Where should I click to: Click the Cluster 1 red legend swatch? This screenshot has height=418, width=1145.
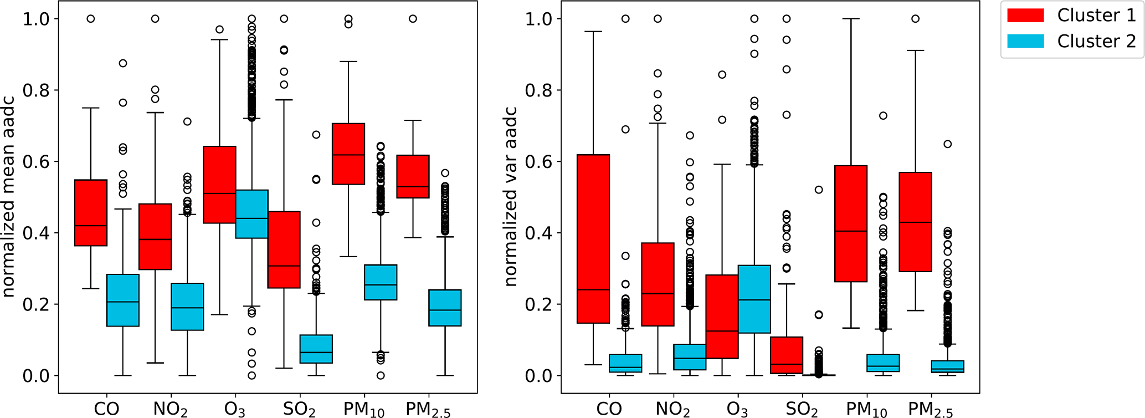(x=1025, y=16)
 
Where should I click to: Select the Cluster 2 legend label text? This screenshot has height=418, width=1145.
(x=1096, y=41)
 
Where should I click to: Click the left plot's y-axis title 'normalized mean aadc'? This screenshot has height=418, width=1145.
(x=9, y=197)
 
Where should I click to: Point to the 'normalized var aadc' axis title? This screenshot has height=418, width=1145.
(x=511, y=197)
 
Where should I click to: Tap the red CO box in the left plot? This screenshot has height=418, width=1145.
(x=91, y=212)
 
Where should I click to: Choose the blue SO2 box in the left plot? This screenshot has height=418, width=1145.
(x=316, y=349)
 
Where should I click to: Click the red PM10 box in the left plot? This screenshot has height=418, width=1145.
(x=348, y=154)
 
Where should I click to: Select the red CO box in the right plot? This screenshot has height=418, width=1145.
(x=593, y=238)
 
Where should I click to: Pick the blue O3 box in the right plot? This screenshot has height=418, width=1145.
(x=754, y=299)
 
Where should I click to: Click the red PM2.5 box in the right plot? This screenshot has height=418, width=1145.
(x=916, y=222)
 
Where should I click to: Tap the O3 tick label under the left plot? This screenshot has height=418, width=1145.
(x=235, y=409)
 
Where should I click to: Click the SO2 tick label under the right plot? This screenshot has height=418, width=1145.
(x=802, y=409)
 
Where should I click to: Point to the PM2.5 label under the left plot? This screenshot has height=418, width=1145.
(x=428, y=409)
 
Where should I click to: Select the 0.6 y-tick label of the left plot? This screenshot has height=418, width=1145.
(x=36, y=161)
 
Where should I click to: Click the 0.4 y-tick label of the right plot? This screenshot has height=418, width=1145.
(x=538, y=233)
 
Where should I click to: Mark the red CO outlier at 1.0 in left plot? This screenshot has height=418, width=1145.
(x=91, y=19)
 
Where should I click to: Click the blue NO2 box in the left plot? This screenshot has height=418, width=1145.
(x=187, y=307)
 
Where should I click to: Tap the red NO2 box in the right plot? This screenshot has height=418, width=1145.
(x=658, y=284)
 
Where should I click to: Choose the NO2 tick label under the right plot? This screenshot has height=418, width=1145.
(x=673, y=409)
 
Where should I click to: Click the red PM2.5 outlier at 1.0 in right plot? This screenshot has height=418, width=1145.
(x=916, y=19)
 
